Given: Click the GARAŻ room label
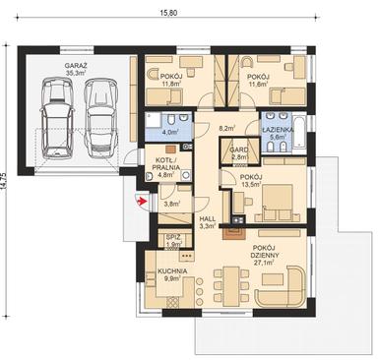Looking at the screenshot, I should click(x=76, y=68).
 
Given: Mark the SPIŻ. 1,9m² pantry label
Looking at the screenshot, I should click(x=172, y=241).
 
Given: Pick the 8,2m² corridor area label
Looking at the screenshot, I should click(x=226, y=127).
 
